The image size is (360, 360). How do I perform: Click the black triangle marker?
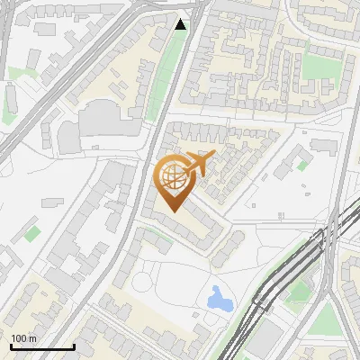(181, 24)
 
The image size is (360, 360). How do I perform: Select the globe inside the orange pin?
(174, 179)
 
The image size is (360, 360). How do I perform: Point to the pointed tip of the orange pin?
(173, 211)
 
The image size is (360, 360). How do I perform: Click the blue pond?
(219, 299)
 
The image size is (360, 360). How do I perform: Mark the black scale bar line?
(41, 347)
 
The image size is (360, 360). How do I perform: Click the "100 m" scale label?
(23, 338)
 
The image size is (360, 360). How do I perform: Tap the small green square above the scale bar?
(32, 234)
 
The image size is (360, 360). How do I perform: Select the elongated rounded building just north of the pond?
(227, 248)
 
